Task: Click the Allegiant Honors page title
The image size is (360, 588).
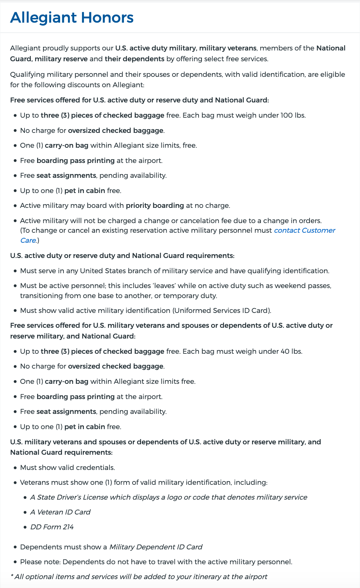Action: coord(72,18)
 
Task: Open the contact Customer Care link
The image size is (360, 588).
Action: coord(304,231)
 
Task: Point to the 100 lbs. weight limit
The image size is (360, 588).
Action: coord(293,115)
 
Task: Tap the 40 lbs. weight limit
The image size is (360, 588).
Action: coord(291,352)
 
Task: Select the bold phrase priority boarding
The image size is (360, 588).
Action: coord(155,206)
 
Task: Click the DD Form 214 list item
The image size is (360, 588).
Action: coord(52,527)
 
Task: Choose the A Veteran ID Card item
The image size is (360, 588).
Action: coord(60,512)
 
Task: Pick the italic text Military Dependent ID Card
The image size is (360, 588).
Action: coord(156,547)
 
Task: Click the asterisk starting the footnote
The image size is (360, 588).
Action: coord(12,576)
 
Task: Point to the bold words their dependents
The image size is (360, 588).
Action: coord(134,59)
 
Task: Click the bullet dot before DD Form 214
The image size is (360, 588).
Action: coord(25,527)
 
